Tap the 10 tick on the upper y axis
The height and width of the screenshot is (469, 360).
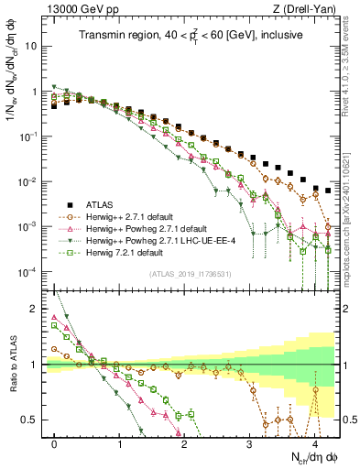[x=32, y=46]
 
